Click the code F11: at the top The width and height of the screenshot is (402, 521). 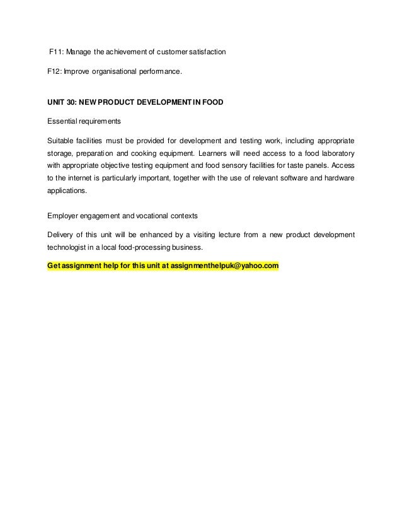click(57, 51)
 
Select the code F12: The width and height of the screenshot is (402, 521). click(55, 72)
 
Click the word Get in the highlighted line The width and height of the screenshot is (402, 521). click(55, 266)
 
